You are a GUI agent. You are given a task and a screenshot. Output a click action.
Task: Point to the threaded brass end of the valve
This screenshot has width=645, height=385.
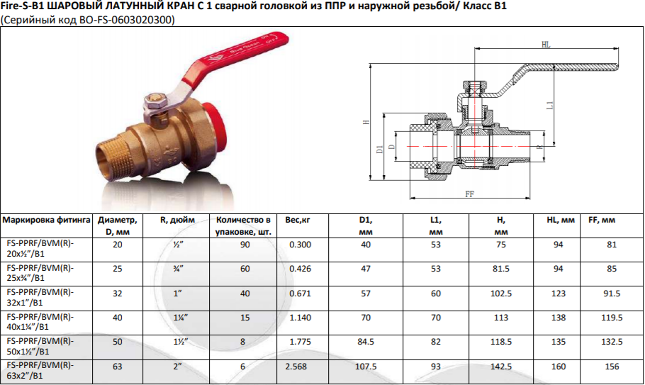click(x=115, y=155)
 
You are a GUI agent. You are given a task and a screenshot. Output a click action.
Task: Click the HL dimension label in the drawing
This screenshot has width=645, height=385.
click(x=546, y=45)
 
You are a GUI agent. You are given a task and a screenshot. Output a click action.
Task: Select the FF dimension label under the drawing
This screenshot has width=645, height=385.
click(x=469, y=194)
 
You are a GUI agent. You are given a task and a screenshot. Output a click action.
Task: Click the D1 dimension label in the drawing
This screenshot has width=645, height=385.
click(x=380, y=149)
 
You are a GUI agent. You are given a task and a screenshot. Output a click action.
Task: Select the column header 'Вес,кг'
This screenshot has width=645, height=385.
click(x=298, y=220)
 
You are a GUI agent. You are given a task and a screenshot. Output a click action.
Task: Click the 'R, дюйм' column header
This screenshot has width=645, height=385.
click(x=177, y=220)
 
